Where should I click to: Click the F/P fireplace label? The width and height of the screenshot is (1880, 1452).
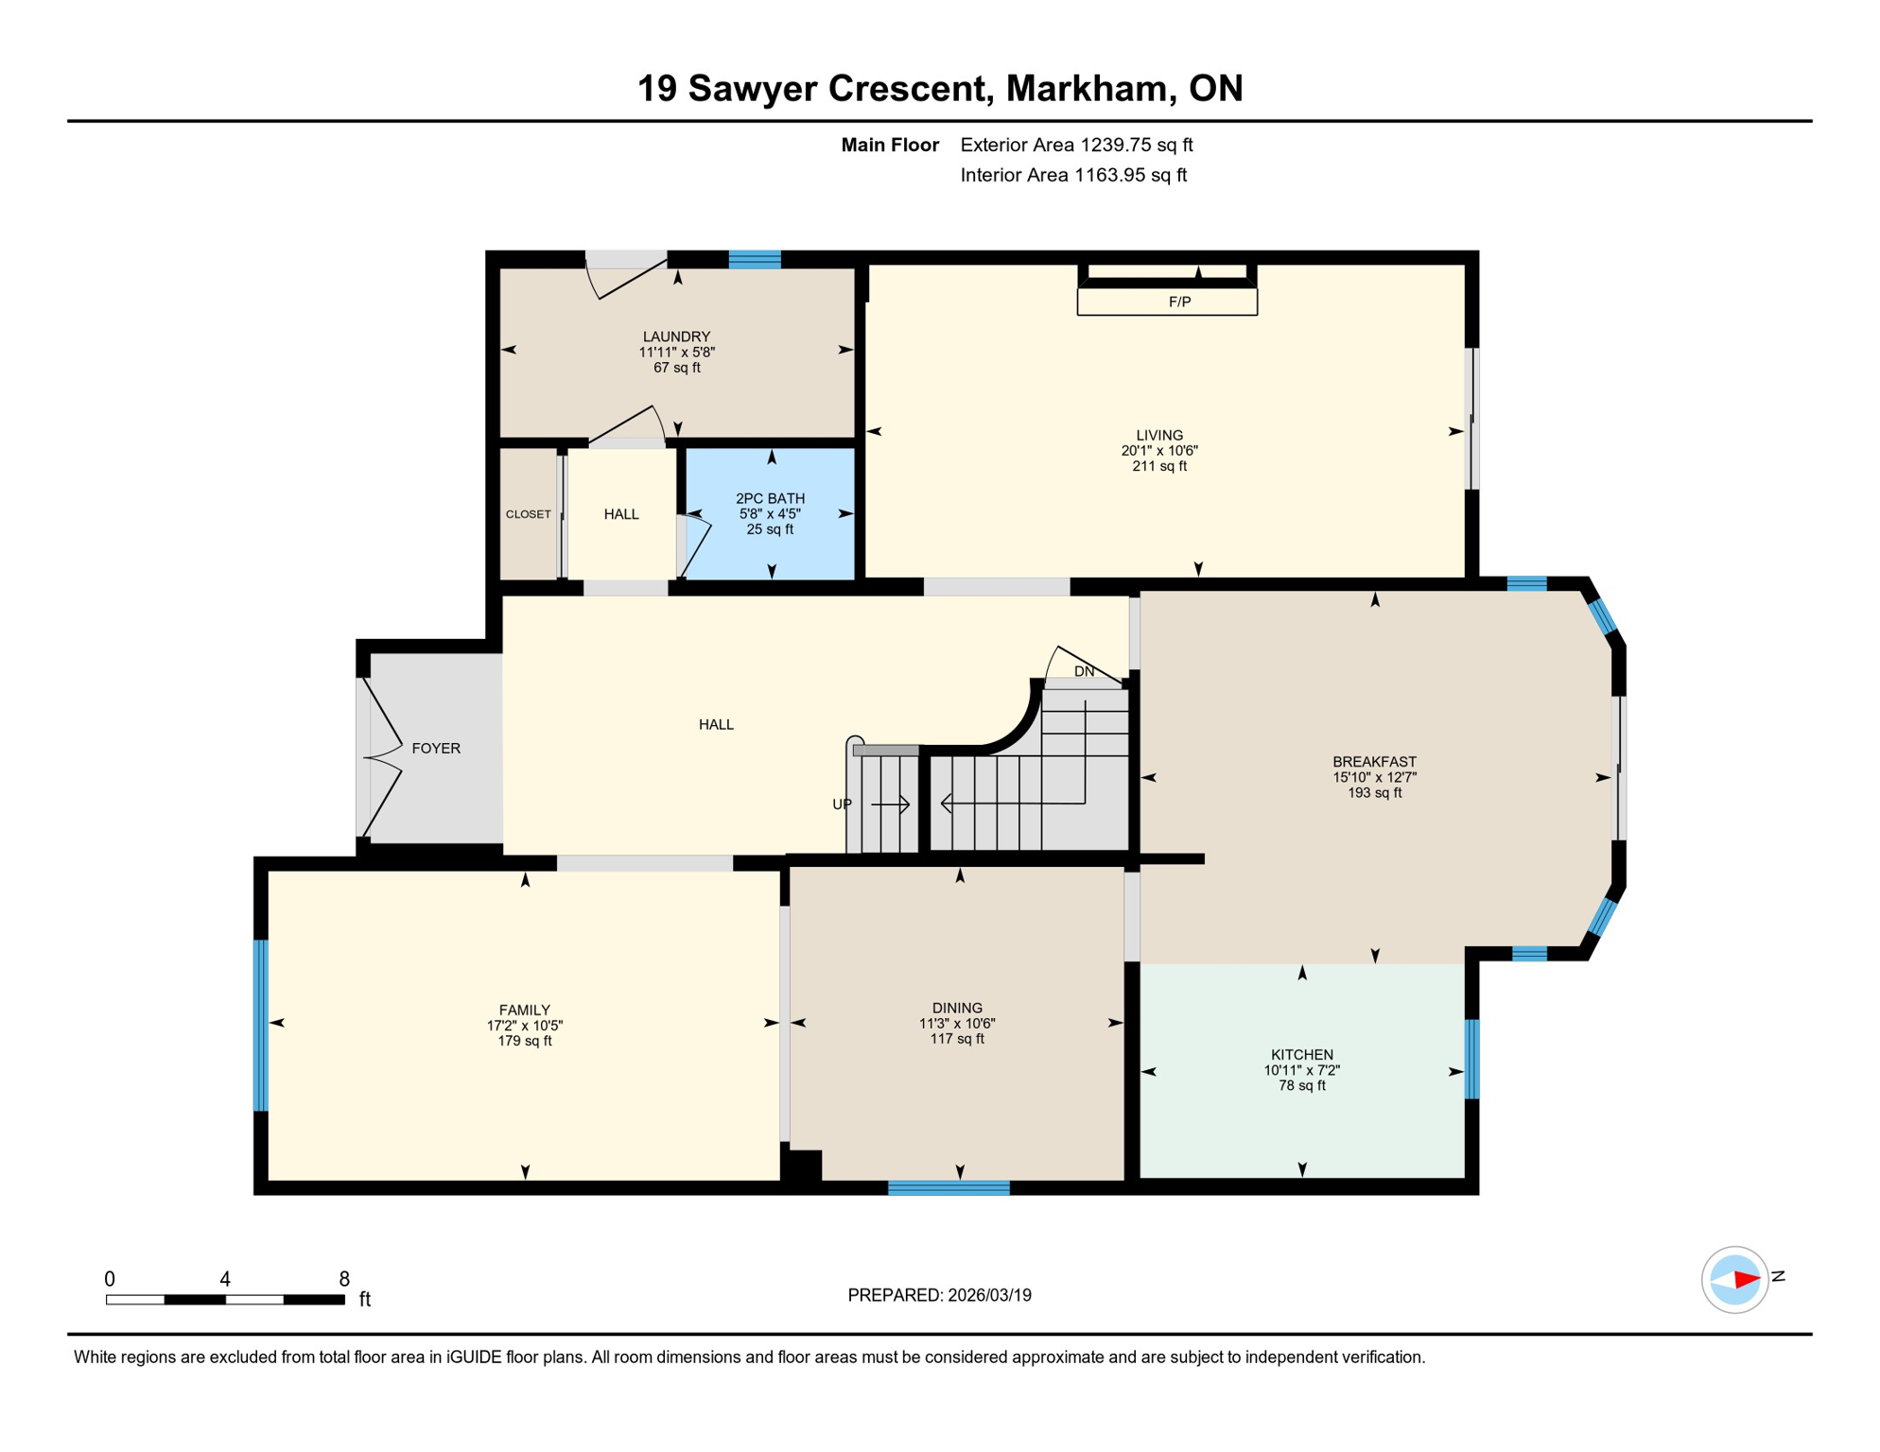pyautogui.click(x=1178, y=302)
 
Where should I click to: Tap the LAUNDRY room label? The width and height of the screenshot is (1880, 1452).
pyautogui.click(x=676, y=337)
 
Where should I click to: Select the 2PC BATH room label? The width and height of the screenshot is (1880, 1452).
pyautogui.click(x=770, y=498)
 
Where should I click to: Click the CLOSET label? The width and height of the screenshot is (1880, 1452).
pyautogui.click(x=528, y=514)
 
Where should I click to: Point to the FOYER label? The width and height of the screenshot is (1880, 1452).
pyautogui.click(x=436, y=748)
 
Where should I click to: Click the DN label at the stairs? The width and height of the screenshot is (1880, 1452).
pyautogui.click(x=1084, y=671)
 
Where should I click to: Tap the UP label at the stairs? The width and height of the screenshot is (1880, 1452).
pyautogui.click(x=842, y=804)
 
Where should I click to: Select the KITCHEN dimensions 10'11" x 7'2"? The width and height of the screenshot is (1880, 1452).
pyautogui.click(x=1301, y=1070)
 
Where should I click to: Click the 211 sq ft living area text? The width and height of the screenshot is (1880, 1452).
pyautogui.click(x=1159, y=466)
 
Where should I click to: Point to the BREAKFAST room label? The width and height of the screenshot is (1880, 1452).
pyautogui.click(x=1374, y=761)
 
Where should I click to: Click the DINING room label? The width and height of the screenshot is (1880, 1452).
pyautogui.click(x=957, y=1008)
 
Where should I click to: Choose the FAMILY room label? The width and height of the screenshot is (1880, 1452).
pyautogui.click(x=524, y=1010)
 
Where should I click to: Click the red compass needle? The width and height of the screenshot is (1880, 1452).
pyautogui.click(x=1746, y=1280)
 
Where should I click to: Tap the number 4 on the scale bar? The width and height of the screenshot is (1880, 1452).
pyautogui.click(x=225, y=1279)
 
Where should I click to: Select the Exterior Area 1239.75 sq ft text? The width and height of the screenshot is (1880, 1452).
pyautogui.click(x=1076, y=145)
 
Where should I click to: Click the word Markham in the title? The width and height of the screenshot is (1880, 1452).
pyautogui.click(x=1085, y=88)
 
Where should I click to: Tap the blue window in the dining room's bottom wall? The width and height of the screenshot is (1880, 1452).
pyautogui.click(x=949, y=1188)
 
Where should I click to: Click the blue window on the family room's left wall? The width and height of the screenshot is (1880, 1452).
pyautogui.click(x=261, y=1025)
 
